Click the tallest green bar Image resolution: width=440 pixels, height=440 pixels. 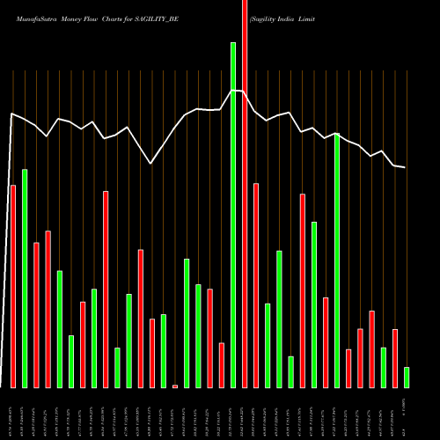tap(233, 215)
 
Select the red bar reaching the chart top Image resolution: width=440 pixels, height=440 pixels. tap(245, 194)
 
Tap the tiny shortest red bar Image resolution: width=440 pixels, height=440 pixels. tap(175, 385)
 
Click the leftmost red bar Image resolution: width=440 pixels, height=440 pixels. tap(13, 286)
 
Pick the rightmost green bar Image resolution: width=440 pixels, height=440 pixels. tap(407, 378)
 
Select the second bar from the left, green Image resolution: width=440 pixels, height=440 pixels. tap(25, 278)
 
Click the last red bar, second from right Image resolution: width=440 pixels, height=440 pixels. tap(395, 358)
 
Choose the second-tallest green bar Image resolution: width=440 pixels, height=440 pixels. tap(337, 260)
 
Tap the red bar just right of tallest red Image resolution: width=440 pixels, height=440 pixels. tap(256, 285)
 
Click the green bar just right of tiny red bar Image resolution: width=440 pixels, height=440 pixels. tap(187, 323)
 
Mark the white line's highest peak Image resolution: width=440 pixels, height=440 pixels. tap(235, 90)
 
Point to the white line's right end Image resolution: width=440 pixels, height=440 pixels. tap(405, 167)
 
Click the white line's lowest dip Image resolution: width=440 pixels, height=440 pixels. tap(151, 164)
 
